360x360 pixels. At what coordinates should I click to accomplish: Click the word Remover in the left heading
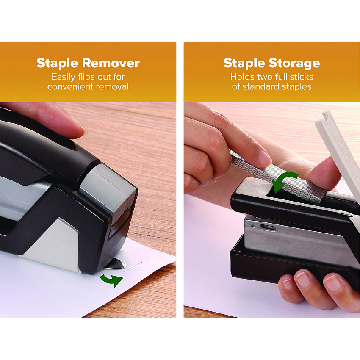click(111, 63)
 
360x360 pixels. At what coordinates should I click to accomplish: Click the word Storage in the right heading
click(294, 64)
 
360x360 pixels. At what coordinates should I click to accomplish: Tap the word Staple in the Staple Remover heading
click(57, 63)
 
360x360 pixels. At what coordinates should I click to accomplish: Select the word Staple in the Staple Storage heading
click(244, 63)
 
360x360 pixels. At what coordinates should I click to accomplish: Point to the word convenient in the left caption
click(70, 86)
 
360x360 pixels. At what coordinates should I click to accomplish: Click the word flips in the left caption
click(87, 77)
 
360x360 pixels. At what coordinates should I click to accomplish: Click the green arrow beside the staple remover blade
click(112, 280)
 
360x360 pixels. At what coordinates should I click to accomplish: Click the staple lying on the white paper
click(133, 266)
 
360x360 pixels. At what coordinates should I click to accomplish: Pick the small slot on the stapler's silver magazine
click(268, 228)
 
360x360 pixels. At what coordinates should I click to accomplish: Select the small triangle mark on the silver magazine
click(253, 225)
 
